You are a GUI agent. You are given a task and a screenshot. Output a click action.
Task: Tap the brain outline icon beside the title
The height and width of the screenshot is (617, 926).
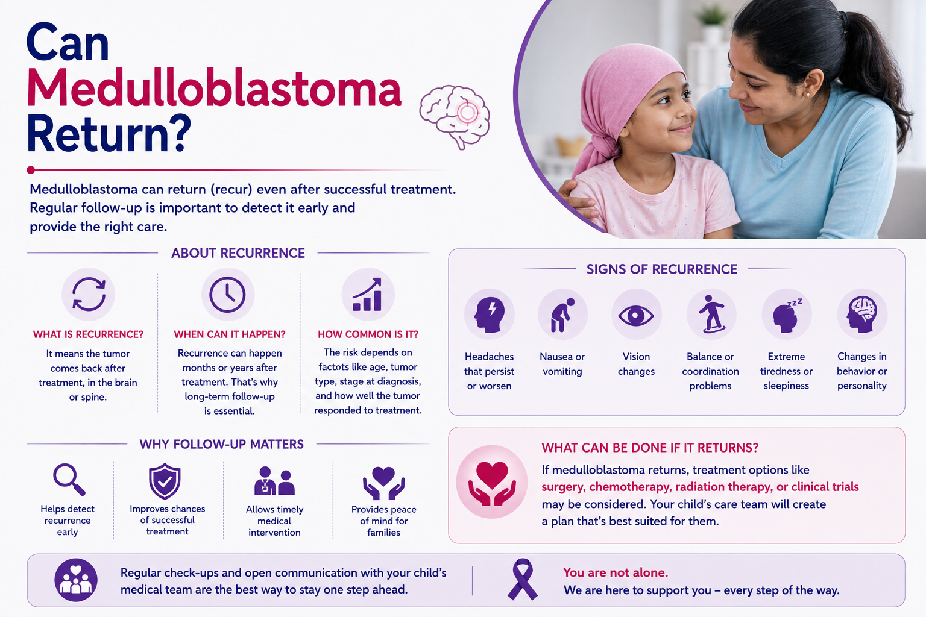click(455, 116)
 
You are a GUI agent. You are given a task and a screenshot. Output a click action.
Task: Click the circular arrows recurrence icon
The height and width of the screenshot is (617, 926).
click(89, 294)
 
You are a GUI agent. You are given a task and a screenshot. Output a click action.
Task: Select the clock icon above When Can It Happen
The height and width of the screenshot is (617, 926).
click(227, 294)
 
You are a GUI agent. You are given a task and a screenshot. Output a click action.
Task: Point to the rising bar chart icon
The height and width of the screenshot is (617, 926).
click(368, 294)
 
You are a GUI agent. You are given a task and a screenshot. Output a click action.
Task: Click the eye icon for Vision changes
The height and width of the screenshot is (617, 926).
click(636, 316)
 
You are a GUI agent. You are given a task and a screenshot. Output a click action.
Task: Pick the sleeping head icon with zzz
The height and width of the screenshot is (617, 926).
click(787, 315)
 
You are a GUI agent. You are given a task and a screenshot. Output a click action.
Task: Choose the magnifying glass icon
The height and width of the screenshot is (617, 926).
click(69, 480)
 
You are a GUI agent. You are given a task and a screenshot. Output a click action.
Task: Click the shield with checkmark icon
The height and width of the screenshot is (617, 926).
click(165, 481)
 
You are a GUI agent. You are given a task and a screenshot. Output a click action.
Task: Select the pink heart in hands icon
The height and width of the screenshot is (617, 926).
click(491, 482)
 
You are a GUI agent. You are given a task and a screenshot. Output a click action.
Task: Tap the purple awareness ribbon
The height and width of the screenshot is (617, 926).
click(523, 579)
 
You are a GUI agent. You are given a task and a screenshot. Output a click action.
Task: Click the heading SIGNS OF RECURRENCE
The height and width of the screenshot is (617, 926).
click(661, 269)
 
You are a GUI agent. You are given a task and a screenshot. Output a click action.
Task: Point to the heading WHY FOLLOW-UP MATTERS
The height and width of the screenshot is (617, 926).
click(222, 444)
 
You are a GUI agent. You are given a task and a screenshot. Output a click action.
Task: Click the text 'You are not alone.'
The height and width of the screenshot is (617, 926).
click(615, 572)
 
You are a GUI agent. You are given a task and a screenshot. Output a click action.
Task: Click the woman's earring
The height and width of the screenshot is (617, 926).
click(808, 95)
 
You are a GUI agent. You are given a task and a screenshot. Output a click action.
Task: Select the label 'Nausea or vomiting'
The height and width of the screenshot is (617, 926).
click(562, 364)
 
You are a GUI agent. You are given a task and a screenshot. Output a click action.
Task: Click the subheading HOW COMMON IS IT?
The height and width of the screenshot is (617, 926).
click(368, 334)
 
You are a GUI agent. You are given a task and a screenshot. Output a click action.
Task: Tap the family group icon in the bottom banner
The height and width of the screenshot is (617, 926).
click(76, 580)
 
